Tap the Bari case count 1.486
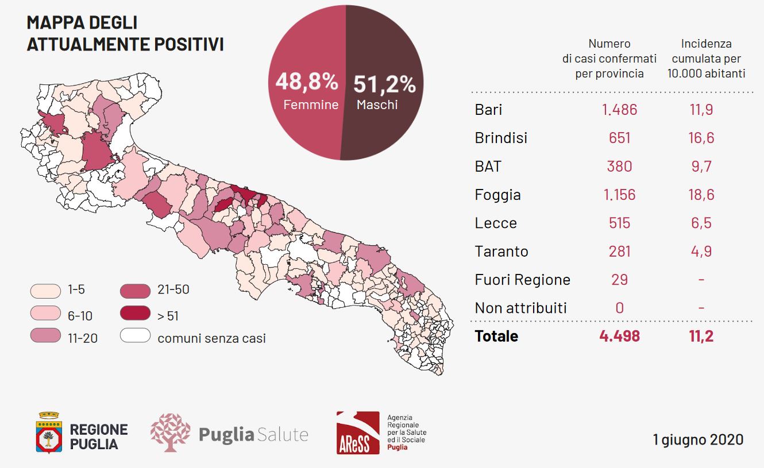[x=619, y=110]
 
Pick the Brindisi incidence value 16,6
[x=701, y=138]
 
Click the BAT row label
[x=488, y=167]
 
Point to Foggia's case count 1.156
[x=619, y=195]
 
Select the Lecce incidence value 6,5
[x=701, y=223]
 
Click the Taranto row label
[x=501, y=252]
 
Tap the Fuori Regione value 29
[x=619, y=280]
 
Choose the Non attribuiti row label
[x=520, y=308]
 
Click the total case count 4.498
[x=619, y=337]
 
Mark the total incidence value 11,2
[x=701, y=337]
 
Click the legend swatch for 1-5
[x=45, y=291]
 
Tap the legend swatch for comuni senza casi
[x=135, y=335]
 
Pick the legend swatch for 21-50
[x=135, y=291]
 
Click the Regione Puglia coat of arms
[x=49, y=432]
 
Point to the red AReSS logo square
[x=358, y=432]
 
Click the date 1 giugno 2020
[x=698, y=440]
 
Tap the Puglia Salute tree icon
[x=170, y=432]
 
